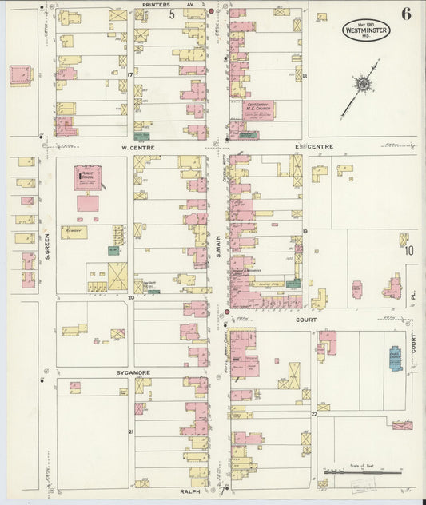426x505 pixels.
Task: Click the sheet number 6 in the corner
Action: click(x=407, y=13)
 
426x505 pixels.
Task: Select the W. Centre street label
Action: click(x=137, y=148)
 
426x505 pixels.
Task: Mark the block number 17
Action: click(x=129, y=74)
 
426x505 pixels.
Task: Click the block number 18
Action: click(x=305, y=77)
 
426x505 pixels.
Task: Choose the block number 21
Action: click(x=130, y=431)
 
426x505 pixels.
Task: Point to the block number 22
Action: click(x=314, y=414)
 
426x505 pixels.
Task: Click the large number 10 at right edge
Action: click(x=409, y=251)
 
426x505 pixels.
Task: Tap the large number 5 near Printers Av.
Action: click(x=171, y=14)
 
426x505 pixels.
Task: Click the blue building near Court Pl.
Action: click(x=394, y=358)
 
